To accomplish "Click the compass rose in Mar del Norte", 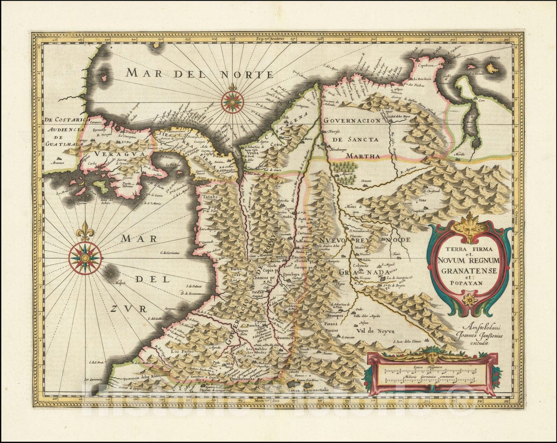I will pos(233,102).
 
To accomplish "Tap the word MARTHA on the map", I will pos(363,155).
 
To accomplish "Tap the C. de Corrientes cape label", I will pos(173,252).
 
